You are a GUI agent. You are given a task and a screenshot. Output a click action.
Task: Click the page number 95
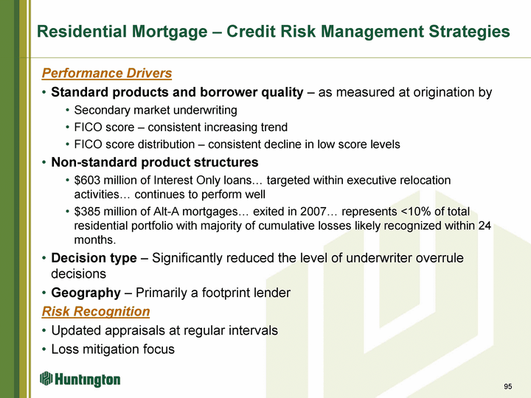pyautogui.click(x=507, y=386)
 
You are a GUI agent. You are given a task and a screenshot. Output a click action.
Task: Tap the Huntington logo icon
pyautogui.click(x=46, y=378)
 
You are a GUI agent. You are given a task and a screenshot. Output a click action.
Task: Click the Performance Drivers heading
pyautogui.click(x=107, y=73)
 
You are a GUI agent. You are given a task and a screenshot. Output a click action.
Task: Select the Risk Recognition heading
pyautogui.click(x=96, y=311)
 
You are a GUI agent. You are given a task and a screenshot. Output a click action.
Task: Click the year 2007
pyautogui.click(x=313, y=212)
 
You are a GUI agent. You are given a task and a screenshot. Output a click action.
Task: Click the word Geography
pyautogui.click(x=86, y=293)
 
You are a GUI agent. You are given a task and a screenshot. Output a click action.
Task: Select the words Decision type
pyautogui.click(x=94, y=258)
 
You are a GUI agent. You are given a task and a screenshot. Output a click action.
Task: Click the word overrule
pyautogui.click(x=440, y=258)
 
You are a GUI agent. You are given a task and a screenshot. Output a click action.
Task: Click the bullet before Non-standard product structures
pyautogui.click(x=44, y=162)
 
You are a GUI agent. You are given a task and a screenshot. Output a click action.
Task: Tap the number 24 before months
pyautogui.click(x=485, y=226)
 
